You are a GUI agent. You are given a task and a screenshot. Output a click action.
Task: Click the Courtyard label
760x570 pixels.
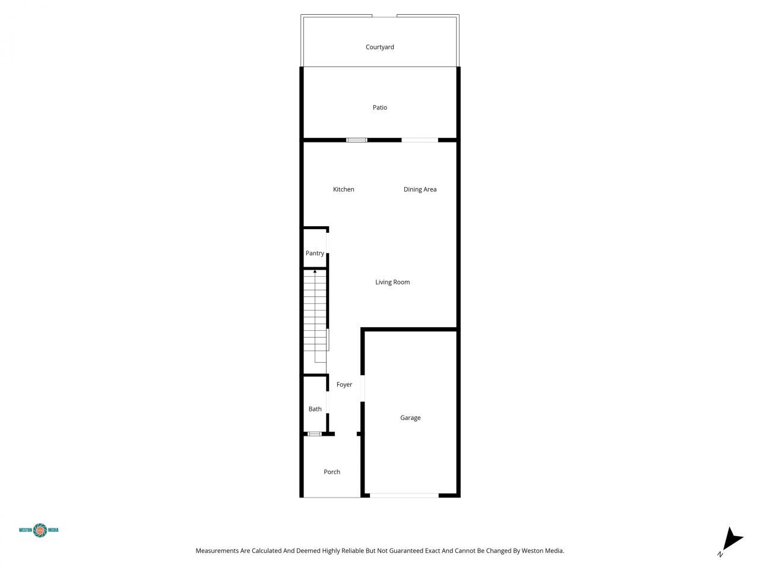pos(379,47)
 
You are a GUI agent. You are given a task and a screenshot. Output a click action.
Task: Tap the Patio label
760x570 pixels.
pos(379,107)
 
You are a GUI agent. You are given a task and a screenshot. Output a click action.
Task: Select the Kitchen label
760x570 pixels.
pos(343,189)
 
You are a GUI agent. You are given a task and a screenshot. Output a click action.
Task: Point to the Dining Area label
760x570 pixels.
pos(420,189)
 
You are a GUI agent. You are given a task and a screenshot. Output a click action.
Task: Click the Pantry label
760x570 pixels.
pos(315,253)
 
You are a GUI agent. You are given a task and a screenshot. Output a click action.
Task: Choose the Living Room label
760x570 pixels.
pos(392,282)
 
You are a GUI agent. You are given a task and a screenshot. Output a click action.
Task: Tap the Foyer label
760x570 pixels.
pos(344,385)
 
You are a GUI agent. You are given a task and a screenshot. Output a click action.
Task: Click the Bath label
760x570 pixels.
pos(315,409)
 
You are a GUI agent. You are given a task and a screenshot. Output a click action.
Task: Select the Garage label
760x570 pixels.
pos(410,418)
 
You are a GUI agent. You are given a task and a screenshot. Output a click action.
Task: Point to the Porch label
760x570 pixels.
pos(332,472)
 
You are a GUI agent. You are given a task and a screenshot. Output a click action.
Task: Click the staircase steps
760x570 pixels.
pos(315,315)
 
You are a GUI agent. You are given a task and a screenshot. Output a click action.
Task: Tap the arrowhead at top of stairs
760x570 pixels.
pos(315,271)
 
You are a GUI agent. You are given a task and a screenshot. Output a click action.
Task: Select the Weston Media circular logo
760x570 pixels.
pos(40,530)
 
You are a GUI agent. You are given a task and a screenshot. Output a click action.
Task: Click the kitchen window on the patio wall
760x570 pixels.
pos(356,140)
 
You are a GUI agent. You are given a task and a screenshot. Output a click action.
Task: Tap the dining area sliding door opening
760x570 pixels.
pos(420,140)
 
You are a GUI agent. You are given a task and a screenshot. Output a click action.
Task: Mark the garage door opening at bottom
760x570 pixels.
pos(404,495)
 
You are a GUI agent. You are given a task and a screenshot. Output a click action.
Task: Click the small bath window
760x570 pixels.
pos(314,434)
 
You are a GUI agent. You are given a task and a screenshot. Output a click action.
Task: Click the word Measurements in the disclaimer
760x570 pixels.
pos(217,551)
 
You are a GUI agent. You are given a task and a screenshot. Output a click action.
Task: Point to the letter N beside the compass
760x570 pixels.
pos(720,555)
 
